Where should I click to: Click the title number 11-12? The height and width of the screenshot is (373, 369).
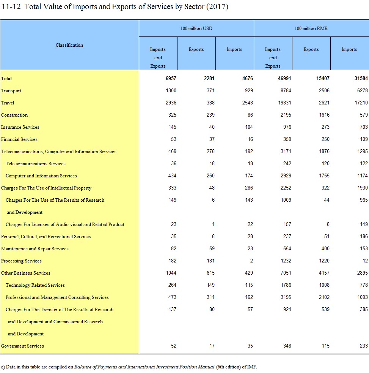[x=11, y=7]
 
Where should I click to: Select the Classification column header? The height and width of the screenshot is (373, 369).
[x=69, y=45]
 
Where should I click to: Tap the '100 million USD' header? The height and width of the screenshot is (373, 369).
[x=196, y=28]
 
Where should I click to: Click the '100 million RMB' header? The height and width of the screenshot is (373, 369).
[x=311, y=28]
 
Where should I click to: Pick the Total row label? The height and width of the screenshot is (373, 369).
[x=6, y=79]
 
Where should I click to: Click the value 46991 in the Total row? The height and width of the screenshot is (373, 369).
[x=284, y=79]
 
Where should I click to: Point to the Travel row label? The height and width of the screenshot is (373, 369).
[x=8, y=103]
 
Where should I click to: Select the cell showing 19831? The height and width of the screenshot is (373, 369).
[x=284, y=103]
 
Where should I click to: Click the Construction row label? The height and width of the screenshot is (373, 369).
[x=14, y=115]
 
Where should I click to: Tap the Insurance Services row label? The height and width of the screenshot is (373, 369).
[x=20, y=127]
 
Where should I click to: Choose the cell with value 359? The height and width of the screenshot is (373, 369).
[x=287, y=139]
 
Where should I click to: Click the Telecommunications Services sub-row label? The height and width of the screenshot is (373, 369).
[x=36, y=164]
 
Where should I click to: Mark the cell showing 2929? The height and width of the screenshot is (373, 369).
[x=286, y=175]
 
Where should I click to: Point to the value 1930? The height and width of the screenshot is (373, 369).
[x=362, y=188]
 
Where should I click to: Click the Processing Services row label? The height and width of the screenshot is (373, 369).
[x=21, y=261]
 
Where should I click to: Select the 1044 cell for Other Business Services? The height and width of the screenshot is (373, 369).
[x=171, y=273]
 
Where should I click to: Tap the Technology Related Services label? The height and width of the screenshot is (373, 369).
[x=35, y=285]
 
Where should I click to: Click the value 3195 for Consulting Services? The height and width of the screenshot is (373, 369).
[x=286, y=297]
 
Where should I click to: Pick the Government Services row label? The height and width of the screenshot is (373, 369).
[x=22, y=346]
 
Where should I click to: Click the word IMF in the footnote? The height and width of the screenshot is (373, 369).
[x=252, y=367]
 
